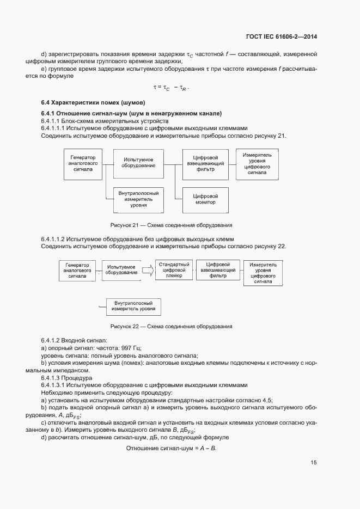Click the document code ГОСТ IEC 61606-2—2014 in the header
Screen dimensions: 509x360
pos(281,37)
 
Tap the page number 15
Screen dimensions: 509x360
pos(314,463)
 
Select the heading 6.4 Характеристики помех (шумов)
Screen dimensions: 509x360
pos(93,103)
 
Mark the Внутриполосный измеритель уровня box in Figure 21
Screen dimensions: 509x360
pos(138,200)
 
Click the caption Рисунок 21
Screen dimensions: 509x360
pos(171,225)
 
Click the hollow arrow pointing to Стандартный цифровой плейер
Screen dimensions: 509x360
pos(148,269)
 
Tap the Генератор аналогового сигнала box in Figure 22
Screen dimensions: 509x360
pos(77,270)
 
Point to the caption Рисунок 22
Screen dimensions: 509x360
pos(171,327)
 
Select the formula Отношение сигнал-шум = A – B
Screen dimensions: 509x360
pos(172,447)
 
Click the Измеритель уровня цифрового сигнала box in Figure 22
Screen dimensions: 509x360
pos(263,273)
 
